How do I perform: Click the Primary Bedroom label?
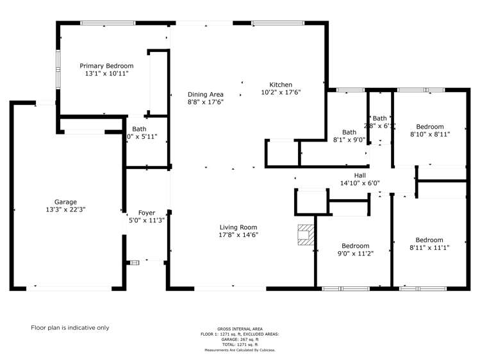(106, 65)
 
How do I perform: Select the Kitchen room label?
(281, 85)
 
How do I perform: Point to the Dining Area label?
(205, 94)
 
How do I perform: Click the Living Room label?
(238, 227)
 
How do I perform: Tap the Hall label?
(360, 174)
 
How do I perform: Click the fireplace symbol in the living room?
(306, 235)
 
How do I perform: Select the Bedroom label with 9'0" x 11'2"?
(355, 246)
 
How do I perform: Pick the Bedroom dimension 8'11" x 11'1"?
(429, 247)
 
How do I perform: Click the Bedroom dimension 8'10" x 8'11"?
(429, 135)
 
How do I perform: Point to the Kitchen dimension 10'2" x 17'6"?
(281, 92)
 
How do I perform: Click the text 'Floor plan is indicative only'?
(70, 327)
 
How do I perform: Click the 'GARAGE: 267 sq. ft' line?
(240, 340)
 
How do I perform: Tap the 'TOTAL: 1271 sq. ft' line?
(240, 345)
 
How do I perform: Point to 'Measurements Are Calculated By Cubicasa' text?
(240, 350)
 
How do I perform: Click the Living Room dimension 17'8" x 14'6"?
(238, 234)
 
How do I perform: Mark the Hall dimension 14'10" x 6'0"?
(360, 183)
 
